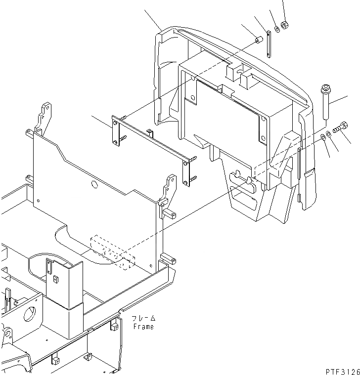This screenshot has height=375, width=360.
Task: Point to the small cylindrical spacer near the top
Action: tap(258, 40)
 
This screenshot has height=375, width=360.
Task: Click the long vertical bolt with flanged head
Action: tap(326, 101)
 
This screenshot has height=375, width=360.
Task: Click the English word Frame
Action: tap(143, 327)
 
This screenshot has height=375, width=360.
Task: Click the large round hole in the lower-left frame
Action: tap(29, 315)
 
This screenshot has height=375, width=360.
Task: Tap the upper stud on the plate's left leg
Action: tap(123, 117)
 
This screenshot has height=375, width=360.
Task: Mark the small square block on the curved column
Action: tap(56, 280)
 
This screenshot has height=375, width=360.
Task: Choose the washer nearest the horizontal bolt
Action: tap(329, 134)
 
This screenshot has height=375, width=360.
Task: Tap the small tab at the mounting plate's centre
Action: tap(149, 131)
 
